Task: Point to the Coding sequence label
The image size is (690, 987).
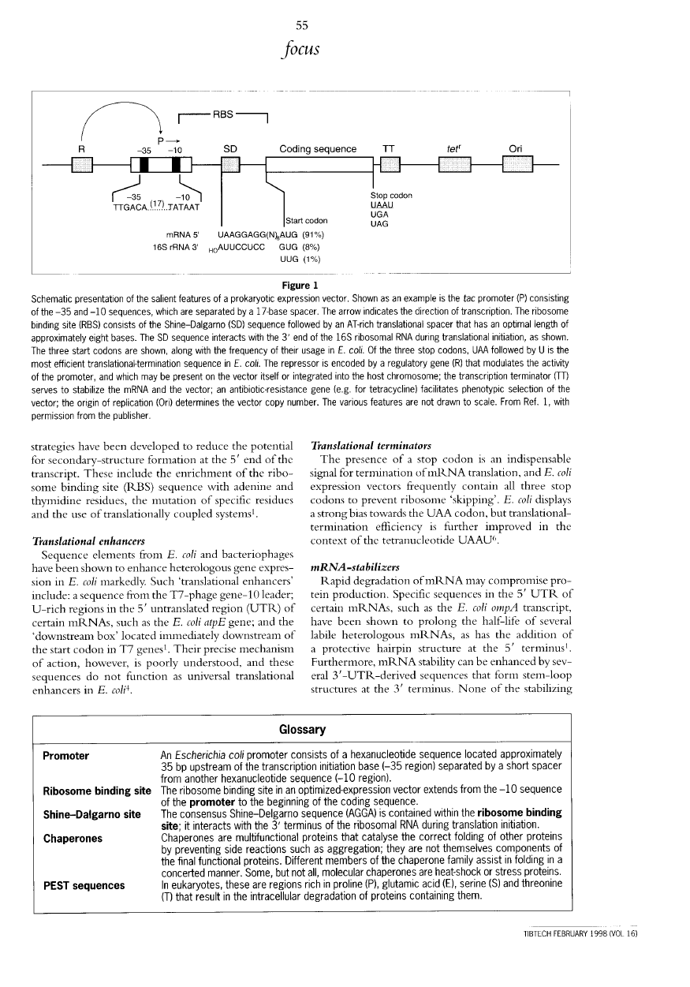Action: (318, 148)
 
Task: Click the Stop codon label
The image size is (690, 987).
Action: (392, 195)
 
